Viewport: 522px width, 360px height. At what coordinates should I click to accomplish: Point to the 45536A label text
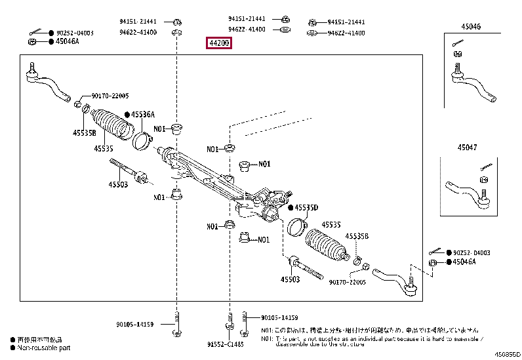point(142,115)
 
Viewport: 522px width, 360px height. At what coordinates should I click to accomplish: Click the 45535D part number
point(306,208)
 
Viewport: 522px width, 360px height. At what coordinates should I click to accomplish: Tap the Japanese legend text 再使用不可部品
point(41,340)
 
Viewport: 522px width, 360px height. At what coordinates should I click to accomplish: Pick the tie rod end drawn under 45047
point(467,193)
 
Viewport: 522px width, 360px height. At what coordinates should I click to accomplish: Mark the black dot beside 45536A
point(128,115)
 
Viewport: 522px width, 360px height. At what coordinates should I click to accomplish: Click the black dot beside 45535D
point(291,208)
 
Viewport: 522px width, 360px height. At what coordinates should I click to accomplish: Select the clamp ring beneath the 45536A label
point(142,139)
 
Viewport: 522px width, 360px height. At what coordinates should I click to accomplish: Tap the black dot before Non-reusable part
point(12,348)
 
